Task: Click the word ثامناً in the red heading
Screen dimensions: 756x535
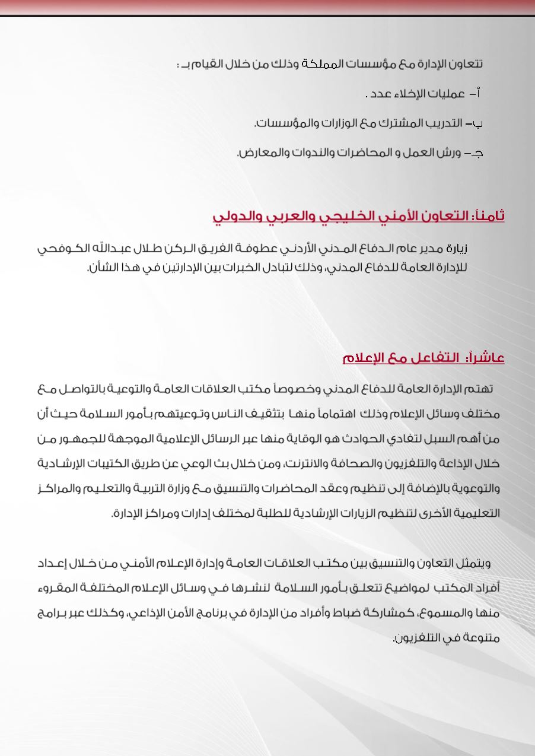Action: (488, 216)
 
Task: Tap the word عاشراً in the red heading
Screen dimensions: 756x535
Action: (486, 358)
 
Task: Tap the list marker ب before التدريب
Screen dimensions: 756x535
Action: (477, 123)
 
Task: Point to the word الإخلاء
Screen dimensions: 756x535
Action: (403, 94)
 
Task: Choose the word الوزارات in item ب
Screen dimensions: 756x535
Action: (337, 123)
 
